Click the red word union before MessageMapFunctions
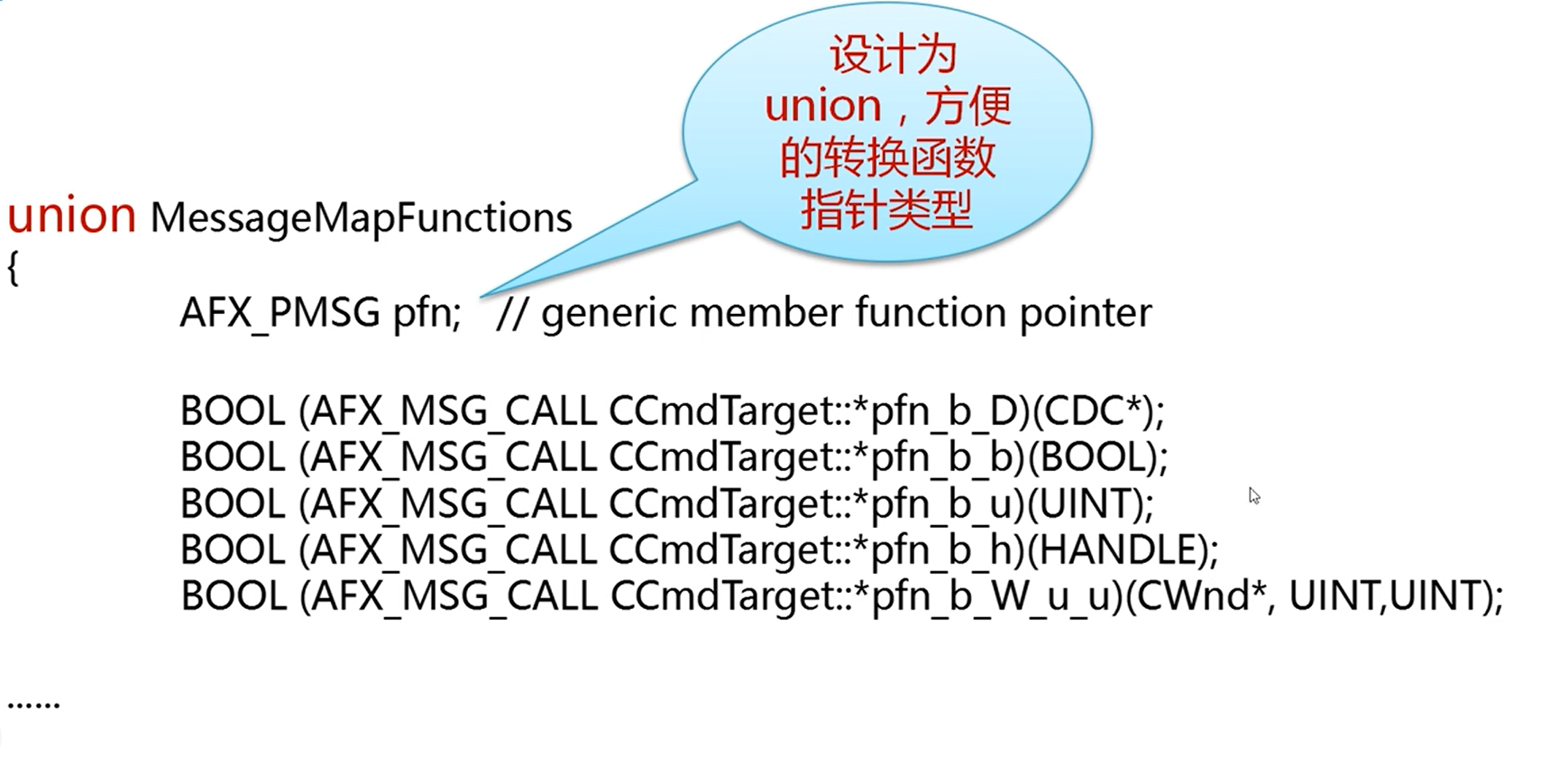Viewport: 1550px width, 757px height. point(71,217)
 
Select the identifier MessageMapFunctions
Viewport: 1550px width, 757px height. point(361,218)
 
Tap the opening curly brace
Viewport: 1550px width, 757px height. point(13,269)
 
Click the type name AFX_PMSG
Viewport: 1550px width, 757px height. point(280,314)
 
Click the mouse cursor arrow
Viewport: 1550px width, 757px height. point(1253,495)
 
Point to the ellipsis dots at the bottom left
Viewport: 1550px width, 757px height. point(33,703)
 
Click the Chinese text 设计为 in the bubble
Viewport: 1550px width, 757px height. point(893,56)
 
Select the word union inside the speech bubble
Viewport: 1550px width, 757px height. point(822,106)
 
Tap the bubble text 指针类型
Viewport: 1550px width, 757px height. point(887,211)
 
